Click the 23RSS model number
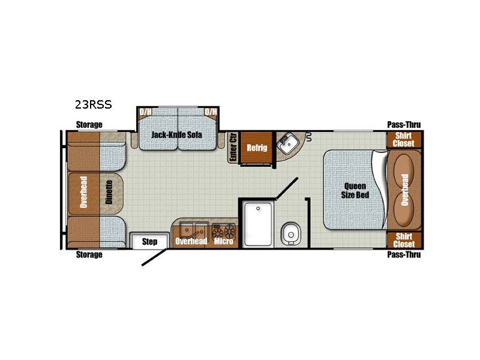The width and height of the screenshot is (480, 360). tap(94, 104)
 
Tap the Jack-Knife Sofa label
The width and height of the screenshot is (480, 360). tap(176, 134)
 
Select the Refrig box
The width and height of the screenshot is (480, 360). tap(257, 148)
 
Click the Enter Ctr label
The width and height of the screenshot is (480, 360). tap(233, 147)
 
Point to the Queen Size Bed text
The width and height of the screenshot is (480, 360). tap(355, 190)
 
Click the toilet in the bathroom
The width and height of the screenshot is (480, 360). tap(290, 234)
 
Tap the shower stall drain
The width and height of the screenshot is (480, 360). tap(258, 208)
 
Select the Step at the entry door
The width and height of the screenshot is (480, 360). tap(149, 241)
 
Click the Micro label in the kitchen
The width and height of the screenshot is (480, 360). tap(224, 241)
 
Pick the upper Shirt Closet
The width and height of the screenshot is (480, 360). tap(404, 140)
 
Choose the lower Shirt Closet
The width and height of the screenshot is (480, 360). tap(404, 240)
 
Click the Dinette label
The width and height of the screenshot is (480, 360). tap(109, 192)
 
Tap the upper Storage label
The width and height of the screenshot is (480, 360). tap(89, 125)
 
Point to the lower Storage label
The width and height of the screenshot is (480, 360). tap(89, 254)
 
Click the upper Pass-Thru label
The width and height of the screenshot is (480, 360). tap(404, 125)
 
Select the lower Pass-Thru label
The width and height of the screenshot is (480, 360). tap(404, 254)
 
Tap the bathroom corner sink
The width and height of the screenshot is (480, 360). tap(287, 144)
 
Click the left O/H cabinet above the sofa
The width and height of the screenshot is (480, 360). tap(145, 112)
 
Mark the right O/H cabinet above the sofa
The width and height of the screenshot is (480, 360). tap(211, 112)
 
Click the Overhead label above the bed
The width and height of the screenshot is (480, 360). tap(404, 190)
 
